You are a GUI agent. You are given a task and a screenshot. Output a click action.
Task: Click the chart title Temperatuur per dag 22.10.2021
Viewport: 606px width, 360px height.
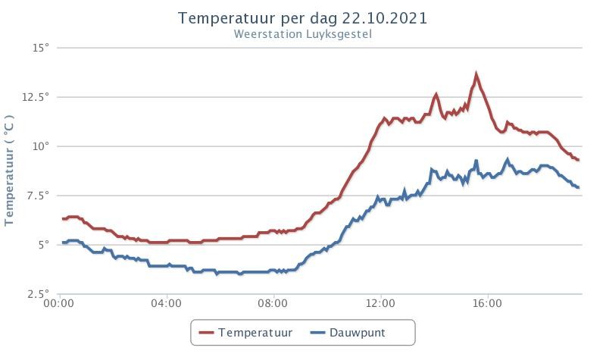pyautogui.click(x=302, y=18)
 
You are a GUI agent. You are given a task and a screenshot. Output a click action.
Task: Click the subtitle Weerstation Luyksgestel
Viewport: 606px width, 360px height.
pyautogui.click(x=302, y=34)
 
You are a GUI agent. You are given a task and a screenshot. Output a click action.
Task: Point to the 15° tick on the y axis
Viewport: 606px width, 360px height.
pyautogui.click(x=41, y=48)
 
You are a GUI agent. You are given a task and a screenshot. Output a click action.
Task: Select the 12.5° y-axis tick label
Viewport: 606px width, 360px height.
pyautogui.click(x=36, y=97)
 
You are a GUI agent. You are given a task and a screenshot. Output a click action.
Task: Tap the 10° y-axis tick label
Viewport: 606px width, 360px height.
pyautogui.click(x=41, y=146)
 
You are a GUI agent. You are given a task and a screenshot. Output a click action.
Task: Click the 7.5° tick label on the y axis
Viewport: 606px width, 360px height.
pyautogui.click(x=39, y=196)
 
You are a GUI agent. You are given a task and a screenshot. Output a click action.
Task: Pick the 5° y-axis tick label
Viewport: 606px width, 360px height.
pyautogui.click(x=44, y=244)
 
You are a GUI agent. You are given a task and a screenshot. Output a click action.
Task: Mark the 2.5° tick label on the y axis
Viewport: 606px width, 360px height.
pyautogui.click(x=39, y=294)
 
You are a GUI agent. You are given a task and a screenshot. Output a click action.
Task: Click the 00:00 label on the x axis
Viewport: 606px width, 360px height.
pyautogui.click(x=59, y=303)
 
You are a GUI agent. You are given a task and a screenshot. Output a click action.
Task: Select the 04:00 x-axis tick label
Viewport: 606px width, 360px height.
pyautogui.click(x=166, y=303)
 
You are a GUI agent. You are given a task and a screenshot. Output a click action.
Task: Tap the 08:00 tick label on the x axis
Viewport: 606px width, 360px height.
pyautogui.click(x=273, y=303)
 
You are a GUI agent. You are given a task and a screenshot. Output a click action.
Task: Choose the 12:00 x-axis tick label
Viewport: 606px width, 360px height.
pyautogui.click(x=380, y=303)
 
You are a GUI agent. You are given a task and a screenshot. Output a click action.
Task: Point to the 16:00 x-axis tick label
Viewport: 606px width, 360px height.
pyautogui.click(x=487, y=303)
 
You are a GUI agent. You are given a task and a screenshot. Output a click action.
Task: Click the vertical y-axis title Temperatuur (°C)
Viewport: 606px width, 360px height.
pyautogui.click(x=9, y=170)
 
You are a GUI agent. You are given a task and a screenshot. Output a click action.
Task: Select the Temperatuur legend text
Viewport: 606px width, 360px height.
pyautogui.click(x=255, y=333)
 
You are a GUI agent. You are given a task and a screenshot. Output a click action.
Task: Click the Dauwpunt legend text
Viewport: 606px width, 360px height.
pyautogui.click(x=357, y=333)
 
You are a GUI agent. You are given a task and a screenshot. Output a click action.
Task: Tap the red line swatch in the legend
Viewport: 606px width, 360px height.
pyautogui.click(x=206, y=333)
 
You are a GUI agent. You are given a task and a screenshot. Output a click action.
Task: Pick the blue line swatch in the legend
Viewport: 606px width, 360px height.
pyautogui.click(x=317, y=333)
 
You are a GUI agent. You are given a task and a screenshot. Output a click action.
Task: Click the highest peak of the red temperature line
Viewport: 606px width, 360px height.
pyautogui.click(x=476, y=74)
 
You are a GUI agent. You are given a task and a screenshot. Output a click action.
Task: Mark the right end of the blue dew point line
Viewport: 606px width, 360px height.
pyautogui.click(x=579, y=187)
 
